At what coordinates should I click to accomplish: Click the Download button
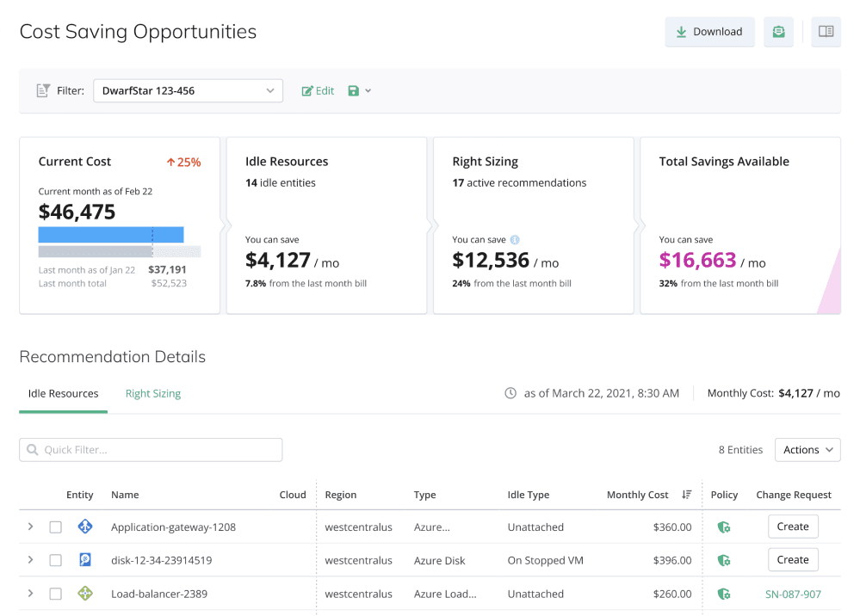[x=709, y=32]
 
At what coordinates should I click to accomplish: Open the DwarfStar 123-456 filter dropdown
[x=189, y=91]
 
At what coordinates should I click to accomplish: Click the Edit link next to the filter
[x=319, y=91]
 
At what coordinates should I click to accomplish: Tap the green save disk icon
[x=354, y=91]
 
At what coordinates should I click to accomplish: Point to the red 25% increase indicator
[x=183, y=163]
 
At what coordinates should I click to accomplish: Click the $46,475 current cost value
[x=77, y=213]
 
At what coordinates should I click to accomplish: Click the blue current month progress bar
[x=111, y=235]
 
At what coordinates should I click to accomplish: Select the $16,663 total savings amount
[x=697, y=261]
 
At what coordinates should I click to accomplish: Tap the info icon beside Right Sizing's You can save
[x=515, y=239]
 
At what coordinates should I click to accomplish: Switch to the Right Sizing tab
[x=153, y=393]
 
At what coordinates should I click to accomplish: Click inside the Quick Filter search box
[x=151, y=450]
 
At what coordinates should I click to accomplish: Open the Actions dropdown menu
[x=807, y=450]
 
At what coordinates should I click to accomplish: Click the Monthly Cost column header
[x=637, y=495]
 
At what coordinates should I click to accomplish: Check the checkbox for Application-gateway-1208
[x=55, y=527]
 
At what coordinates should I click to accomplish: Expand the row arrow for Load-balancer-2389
[x=31, y=594]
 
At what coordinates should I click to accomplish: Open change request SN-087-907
[x=793, y=594]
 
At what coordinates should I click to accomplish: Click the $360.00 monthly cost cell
[x=672, y=527]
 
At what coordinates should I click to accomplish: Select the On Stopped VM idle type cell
[x=546, y=561]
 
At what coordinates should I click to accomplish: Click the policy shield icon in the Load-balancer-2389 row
[x=724, y=594]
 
